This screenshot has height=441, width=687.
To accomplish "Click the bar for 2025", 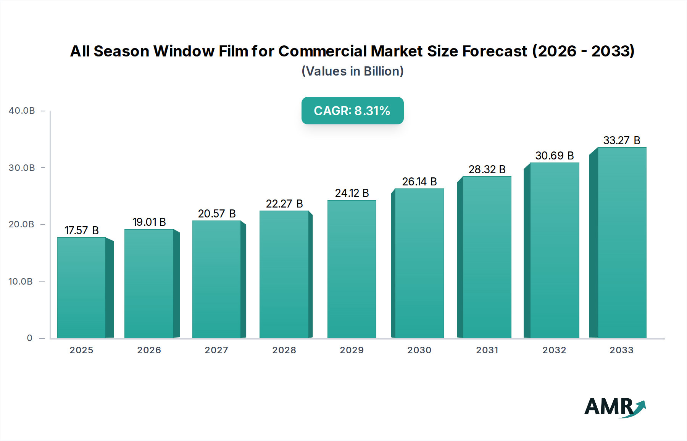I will tap(82, 288).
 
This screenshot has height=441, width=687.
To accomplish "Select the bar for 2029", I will tap(352, 269).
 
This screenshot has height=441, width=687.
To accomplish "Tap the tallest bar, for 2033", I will tap(621, 243).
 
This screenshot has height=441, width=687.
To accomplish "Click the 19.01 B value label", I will tap(149, 222).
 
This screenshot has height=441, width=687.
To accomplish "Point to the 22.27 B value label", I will tap(284, 204).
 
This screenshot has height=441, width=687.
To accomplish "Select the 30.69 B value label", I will tap(554, 156).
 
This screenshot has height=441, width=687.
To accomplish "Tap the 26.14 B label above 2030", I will tap(419, 182).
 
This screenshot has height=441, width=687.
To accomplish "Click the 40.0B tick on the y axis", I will tap(22, 111).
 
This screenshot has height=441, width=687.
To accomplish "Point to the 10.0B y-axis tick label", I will tap(21, 282).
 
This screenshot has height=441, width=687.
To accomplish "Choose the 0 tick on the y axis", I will tap(29, 338).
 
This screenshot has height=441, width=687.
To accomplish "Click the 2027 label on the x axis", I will tap(216, 350).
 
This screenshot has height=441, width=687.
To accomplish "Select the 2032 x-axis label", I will tap(554, 350).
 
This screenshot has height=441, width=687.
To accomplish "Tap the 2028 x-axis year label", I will tap(284, 350).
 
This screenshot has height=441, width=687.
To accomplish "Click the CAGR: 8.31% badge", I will tap(352, 111).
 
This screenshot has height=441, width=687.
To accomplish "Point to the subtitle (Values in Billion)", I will tap(352, 71).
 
